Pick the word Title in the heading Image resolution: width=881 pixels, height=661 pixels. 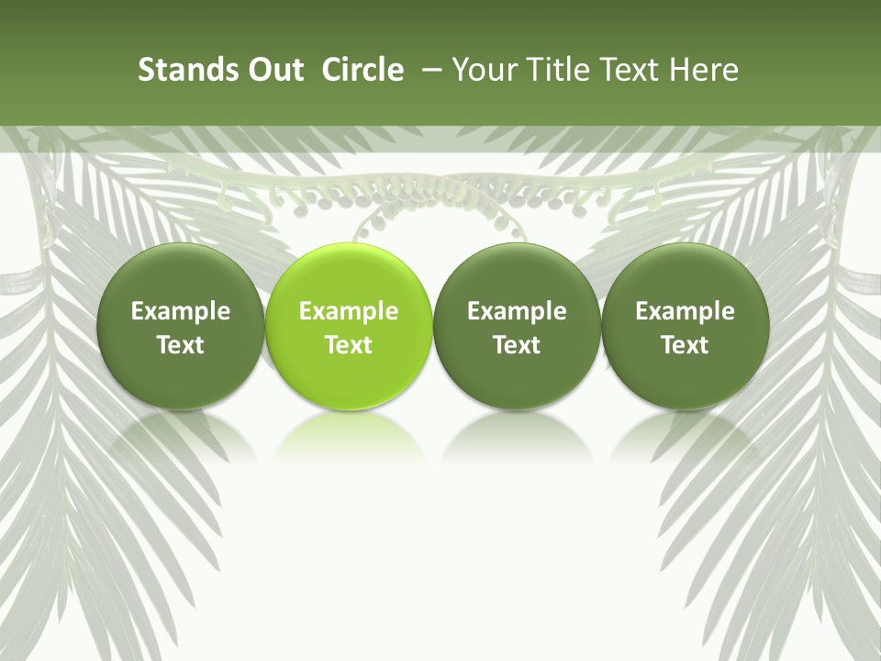click(552, 70)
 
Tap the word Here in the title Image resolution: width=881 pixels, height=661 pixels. click(704, 70)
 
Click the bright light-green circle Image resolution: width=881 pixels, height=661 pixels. click(349, 326)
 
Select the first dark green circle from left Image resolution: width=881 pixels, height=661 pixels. click(181, 326)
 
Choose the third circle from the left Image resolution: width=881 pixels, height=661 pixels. click(517, 326)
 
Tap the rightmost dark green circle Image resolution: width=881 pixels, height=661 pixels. click(686, 326)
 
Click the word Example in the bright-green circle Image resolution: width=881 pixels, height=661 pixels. click(349, 311)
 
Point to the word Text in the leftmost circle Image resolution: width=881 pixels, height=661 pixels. click(181, 345)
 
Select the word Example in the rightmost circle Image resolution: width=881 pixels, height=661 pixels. click(686, 311)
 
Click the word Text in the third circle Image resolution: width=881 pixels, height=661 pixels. click(517, 345)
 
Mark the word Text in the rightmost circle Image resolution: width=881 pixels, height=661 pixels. click(686, 345)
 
